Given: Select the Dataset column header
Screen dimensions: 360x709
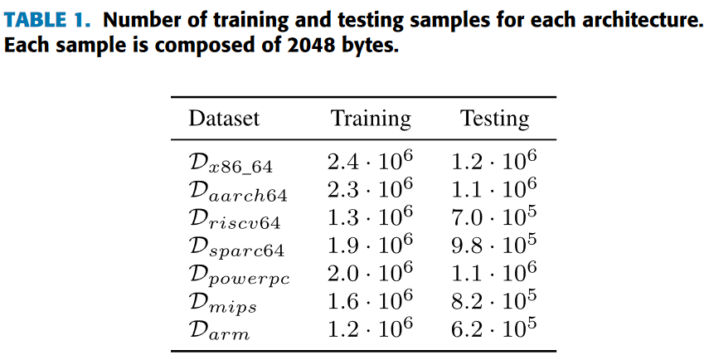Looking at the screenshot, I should [x=224, y=119].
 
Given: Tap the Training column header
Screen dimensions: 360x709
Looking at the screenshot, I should [x=371, y=119].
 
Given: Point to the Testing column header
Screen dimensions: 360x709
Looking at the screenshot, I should [x=494, y=119].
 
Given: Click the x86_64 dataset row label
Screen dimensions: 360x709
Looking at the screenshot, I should [x=231, y=162].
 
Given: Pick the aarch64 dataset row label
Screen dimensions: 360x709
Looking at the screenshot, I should [x=237, y=191].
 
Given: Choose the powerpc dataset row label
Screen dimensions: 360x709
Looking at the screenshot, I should [x=239, y=275].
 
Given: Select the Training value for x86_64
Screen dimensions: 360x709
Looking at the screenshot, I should [x=370, y=159].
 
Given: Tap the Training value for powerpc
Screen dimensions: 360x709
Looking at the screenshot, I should [x=370, y=272].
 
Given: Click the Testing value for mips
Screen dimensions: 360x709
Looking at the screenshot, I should [x=494, y=300].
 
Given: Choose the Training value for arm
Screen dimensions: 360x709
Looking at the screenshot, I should [x=370, y=328].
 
